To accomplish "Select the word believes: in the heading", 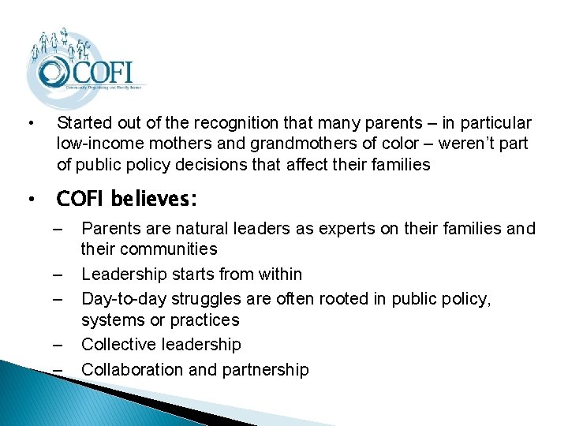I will click(155, 198).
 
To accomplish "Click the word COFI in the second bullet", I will click(81, 198).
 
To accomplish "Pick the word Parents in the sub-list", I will click(108, 229).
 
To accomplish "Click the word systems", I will click(110, 320).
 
